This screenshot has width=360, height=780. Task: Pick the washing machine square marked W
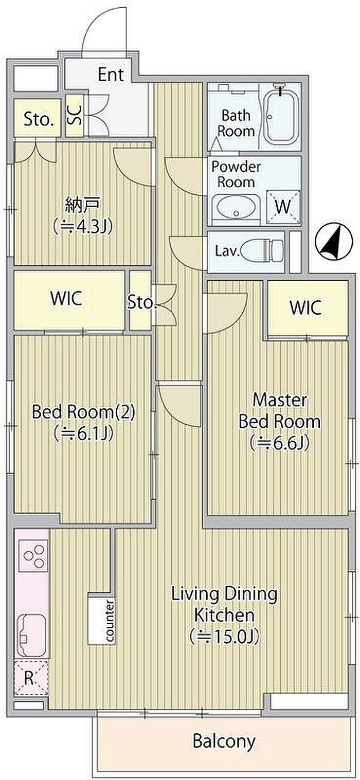283,207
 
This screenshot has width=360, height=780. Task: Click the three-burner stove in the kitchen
33,556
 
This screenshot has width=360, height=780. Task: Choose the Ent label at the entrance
111,75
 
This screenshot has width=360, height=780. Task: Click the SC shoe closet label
75,115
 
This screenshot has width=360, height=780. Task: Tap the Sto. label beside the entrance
39,120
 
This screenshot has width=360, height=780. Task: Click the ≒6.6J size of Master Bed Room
280,443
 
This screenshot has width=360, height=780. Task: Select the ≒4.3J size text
82,227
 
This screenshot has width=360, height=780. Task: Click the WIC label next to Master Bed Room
305,308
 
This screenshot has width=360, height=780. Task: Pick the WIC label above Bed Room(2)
66,299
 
